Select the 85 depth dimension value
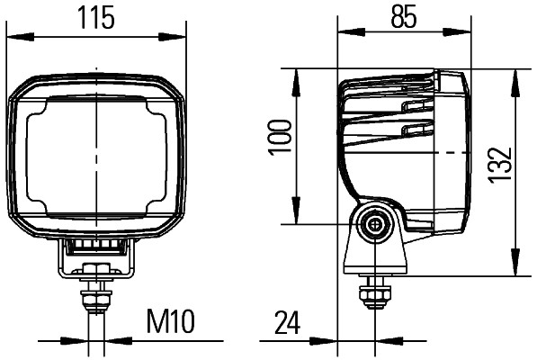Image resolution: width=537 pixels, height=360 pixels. pos(404,18)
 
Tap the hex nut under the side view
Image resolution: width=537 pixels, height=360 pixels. pos(371,293)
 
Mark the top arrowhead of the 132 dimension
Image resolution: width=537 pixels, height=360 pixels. pos(514,76)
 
